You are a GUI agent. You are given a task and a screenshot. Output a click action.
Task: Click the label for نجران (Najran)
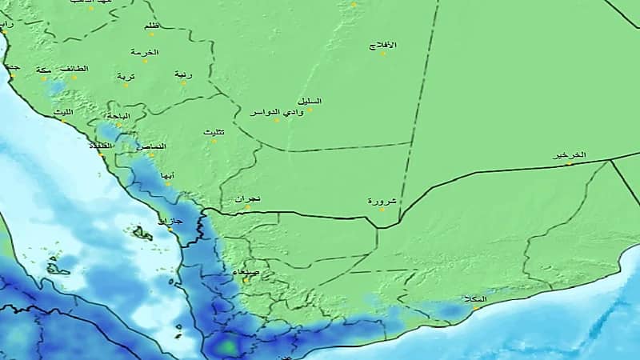[249, 198]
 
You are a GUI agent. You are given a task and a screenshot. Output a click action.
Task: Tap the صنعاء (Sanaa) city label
[246, 273]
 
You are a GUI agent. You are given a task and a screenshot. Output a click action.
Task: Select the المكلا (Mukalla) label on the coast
[474, 299]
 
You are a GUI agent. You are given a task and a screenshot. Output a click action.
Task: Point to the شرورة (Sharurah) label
[381, 201]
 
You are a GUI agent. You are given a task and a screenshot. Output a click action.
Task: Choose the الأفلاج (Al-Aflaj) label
[383, 45]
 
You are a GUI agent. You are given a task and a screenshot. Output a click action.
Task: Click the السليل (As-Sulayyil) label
[309, 100]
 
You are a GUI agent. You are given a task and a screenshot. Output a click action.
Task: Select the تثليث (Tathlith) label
[214, 131]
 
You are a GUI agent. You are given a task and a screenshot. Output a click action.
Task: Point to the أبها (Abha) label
[167, 174]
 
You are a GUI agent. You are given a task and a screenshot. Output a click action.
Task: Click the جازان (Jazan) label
[171, 219]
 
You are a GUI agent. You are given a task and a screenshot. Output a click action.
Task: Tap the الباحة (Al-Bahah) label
[117, 117]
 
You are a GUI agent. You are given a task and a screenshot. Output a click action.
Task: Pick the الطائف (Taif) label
[74, 69]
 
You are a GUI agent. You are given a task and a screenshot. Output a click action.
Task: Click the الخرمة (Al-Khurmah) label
[146, 52]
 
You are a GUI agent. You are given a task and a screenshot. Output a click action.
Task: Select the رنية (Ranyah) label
[183, 74]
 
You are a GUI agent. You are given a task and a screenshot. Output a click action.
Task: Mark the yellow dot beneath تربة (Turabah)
[125, 84]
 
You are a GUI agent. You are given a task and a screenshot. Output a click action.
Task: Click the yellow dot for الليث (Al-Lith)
[62, 121]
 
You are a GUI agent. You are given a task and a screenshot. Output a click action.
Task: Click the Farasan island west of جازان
[143, 234]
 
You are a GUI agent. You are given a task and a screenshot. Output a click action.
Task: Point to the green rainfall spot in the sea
[228, 346]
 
